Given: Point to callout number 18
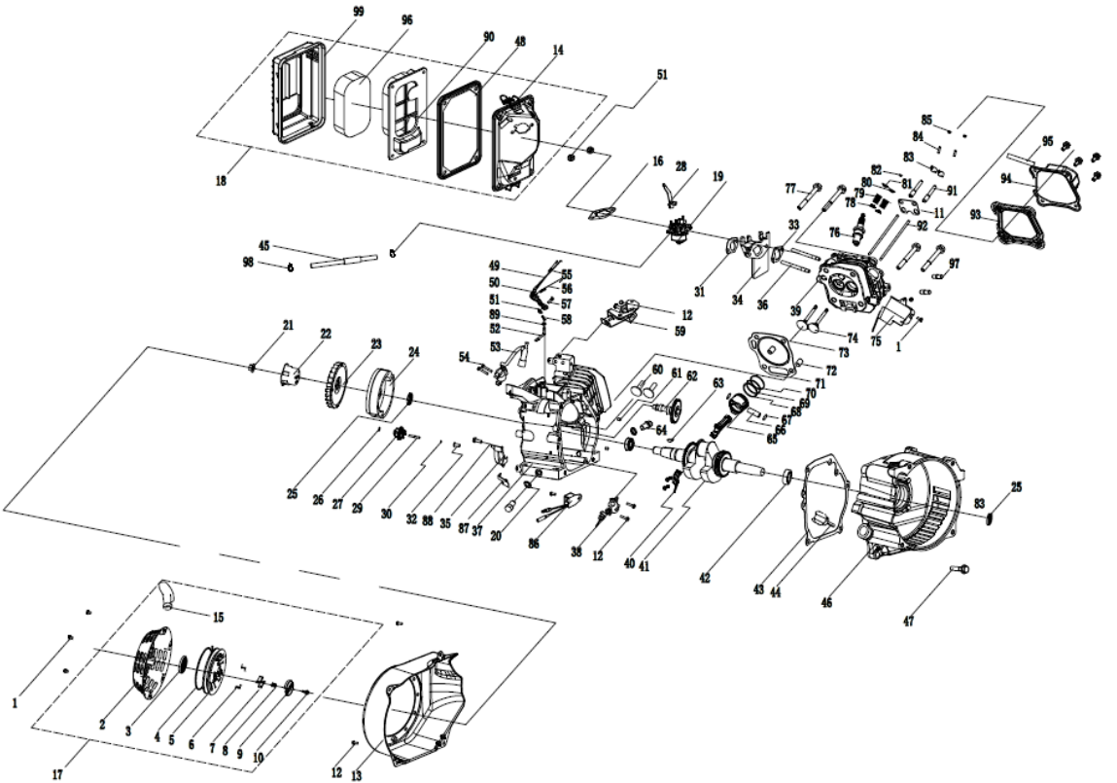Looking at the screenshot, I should (223, 181).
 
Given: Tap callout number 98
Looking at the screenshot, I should (247, 262).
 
